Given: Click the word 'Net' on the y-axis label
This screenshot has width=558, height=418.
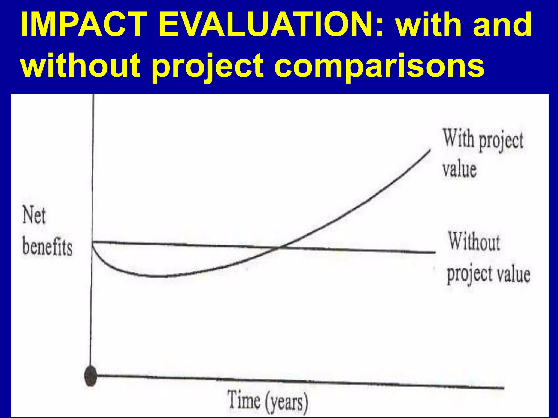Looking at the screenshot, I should click(x=34, y=215).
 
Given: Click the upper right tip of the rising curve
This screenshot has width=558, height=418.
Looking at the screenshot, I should click(x=430, y=150).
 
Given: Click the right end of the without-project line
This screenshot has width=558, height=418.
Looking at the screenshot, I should click(x=435, y=252).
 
